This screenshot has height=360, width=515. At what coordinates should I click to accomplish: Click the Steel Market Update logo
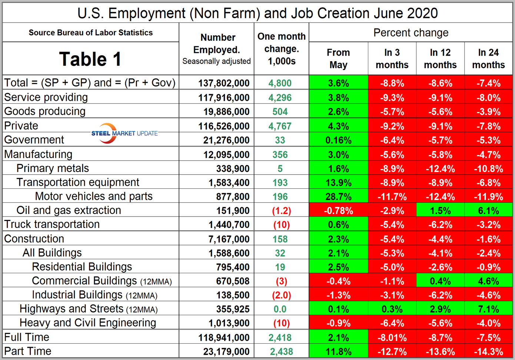[x=124, y=133]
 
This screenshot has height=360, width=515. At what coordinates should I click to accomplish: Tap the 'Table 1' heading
[x=90, y=59]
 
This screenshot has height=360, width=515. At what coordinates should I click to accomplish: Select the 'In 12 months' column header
[x=440, y=59]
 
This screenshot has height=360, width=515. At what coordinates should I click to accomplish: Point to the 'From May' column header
[x=338, y=59]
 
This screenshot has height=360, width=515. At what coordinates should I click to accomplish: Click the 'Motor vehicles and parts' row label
[x=94, y=196]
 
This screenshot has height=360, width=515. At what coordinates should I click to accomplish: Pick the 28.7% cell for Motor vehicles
[x=338, y=196]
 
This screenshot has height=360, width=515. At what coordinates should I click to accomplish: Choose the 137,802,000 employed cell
[x=224, y=83]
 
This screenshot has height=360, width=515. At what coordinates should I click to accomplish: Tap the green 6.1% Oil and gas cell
[x=488, y=211]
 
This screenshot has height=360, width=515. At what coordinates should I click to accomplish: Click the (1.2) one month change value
[x=281, y=211]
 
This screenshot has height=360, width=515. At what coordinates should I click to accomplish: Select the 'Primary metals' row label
[x=53, y=168]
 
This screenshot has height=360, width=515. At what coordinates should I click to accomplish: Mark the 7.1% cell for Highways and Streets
[x=488, y=309]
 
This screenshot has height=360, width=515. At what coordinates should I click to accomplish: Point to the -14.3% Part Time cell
[x=488, y=351]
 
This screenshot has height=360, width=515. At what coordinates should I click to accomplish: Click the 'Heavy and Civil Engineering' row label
[x=88, y=323]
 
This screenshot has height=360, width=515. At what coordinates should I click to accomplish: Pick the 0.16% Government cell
[x=338, y=140]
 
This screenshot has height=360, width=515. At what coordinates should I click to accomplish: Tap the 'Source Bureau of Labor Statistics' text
[x=91, y=33]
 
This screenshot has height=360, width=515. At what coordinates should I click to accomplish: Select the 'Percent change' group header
[x=411, y=33]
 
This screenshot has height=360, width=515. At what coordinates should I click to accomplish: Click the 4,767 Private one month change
[x=280, y=126]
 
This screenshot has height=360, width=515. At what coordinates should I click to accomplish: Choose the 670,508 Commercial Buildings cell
[x=233, y=281]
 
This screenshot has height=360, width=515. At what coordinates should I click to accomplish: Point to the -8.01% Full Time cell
[x=392, y=338]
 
